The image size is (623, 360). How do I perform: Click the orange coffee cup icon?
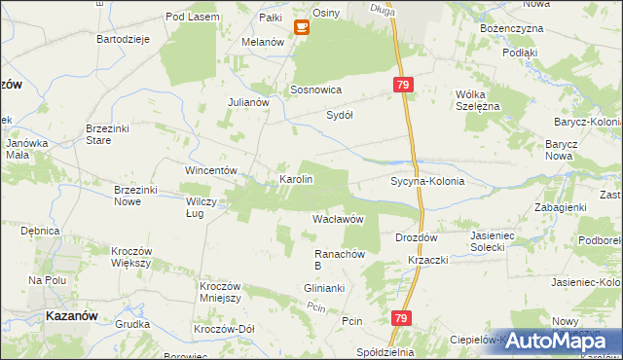click(302, 26)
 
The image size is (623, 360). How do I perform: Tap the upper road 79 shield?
click(404, 87)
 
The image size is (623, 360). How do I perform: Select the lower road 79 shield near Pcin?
click(402, 318)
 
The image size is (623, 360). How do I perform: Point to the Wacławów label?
click(338, 220)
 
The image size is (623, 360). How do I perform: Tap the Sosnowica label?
click(315, 89)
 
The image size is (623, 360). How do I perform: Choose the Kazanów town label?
click(72, 316)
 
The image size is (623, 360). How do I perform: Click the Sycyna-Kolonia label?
click(427, 181)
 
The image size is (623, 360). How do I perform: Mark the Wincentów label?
click(212, 170)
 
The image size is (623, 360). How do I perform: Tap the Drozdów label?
click(418, 236)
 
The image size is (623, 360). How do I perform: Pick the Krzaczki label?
click(428, 261)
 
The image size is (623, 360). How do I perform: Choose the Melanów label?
click(263, 43)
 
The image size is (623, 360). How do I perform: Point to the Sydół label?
click(339, 114)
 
